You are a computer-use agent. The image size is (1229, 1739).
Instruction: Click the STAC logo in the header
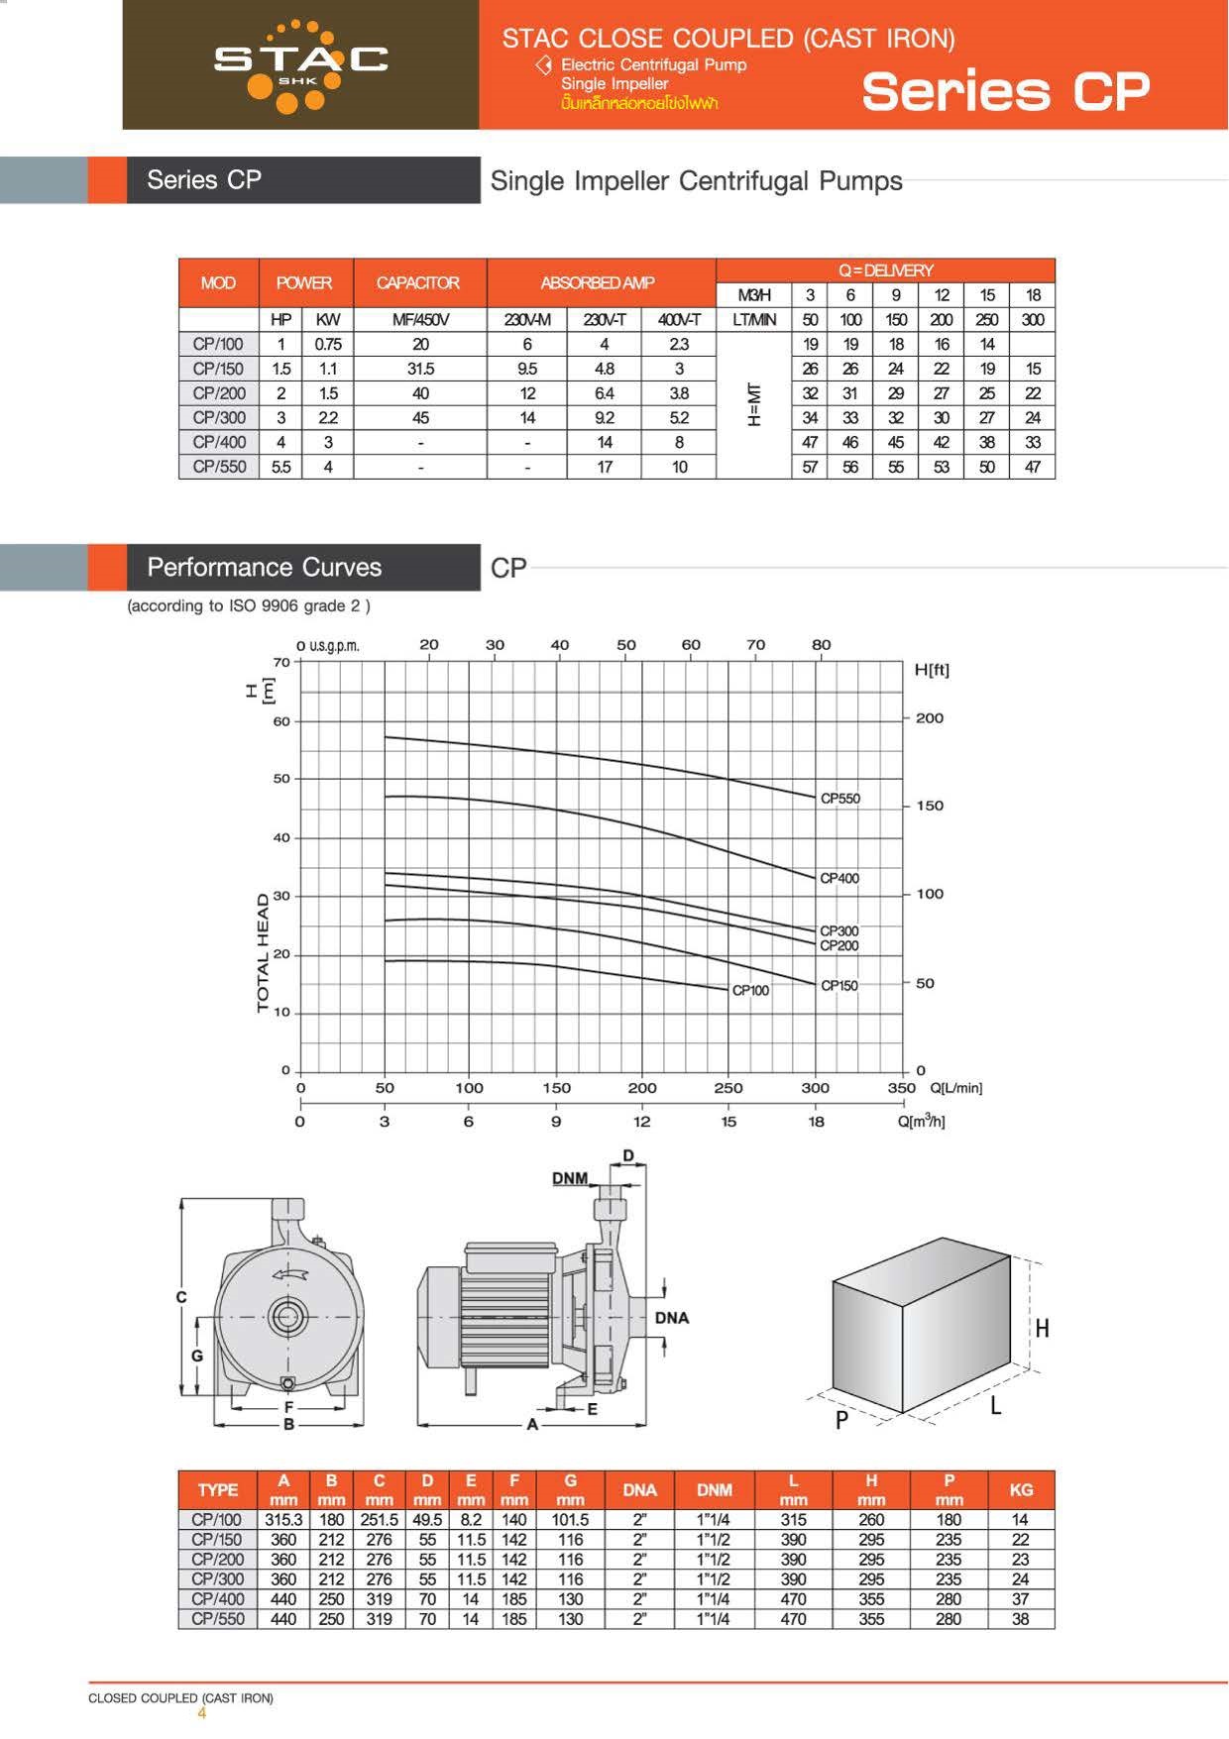click(301, 65)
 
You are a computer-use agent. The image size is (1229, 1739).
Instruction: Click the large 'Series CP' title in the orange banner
click(1005, 91)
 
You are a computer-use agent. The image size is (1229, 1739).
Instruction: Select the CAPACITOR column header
click(418, 283)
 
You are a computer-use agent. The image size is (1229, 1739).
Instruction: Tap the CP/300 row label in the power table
click(219, 417)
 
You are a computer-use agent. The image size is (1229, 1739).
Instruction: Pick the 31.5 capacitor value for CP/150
click(420, 369)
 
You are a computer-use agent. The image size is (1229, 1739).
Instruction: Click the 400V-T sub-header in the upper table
click(679, 320)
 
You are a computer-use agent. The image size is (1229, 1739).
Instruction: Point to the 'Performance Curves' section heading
click(265, 567)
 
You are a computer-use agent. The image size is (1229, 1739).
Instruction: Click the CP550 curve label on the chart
click(840, 799)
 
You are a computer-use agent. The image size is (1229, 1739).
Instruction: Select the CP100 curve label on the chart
click(750, 991)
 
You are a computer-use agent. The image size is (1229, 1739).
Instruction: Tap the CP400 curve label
click(839, 878)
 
